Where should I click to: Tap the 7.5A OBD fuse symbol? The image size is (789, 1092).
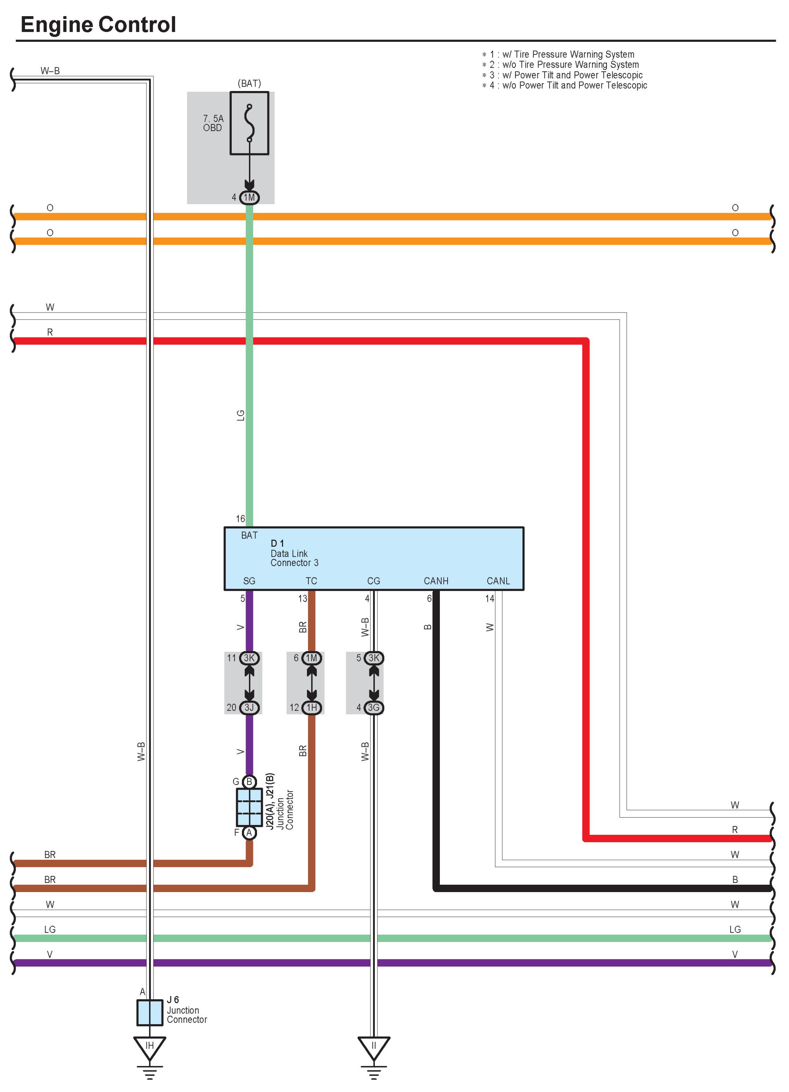click(249, 123)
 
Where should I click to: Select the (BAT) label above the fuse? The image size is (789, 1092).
click(249, 83)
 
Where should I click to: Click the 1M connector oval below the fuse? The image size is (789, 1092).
click(249, 197)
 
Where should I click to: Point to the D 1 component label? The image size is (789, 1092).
click(277, 543)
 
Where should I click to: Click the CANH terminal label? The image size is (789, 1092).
click(436, 581)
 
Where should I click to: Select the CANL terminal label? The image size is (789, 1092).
click(498, 581)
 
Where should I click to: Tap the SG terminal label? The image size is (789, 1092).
click(249, 581)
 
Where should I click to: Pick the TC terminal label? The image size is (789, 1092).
click(311, 581)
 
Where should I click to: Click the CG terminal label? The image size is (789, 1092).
click(373, 581)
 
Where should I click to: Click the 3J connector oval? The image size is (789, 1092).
click(249, 707)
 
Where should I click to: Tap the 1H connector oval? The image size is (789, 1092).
click(311, 707)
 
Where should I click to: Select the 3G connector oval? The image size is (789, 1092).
click(373, 707)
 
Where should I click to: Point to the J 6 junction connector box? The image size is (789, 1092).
click(149, 1012)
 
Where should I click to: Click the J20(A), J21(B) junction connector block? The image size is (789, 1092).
click(249, 807)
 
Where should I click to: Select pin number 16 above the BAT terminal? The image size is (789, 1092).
click(240, 519)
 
